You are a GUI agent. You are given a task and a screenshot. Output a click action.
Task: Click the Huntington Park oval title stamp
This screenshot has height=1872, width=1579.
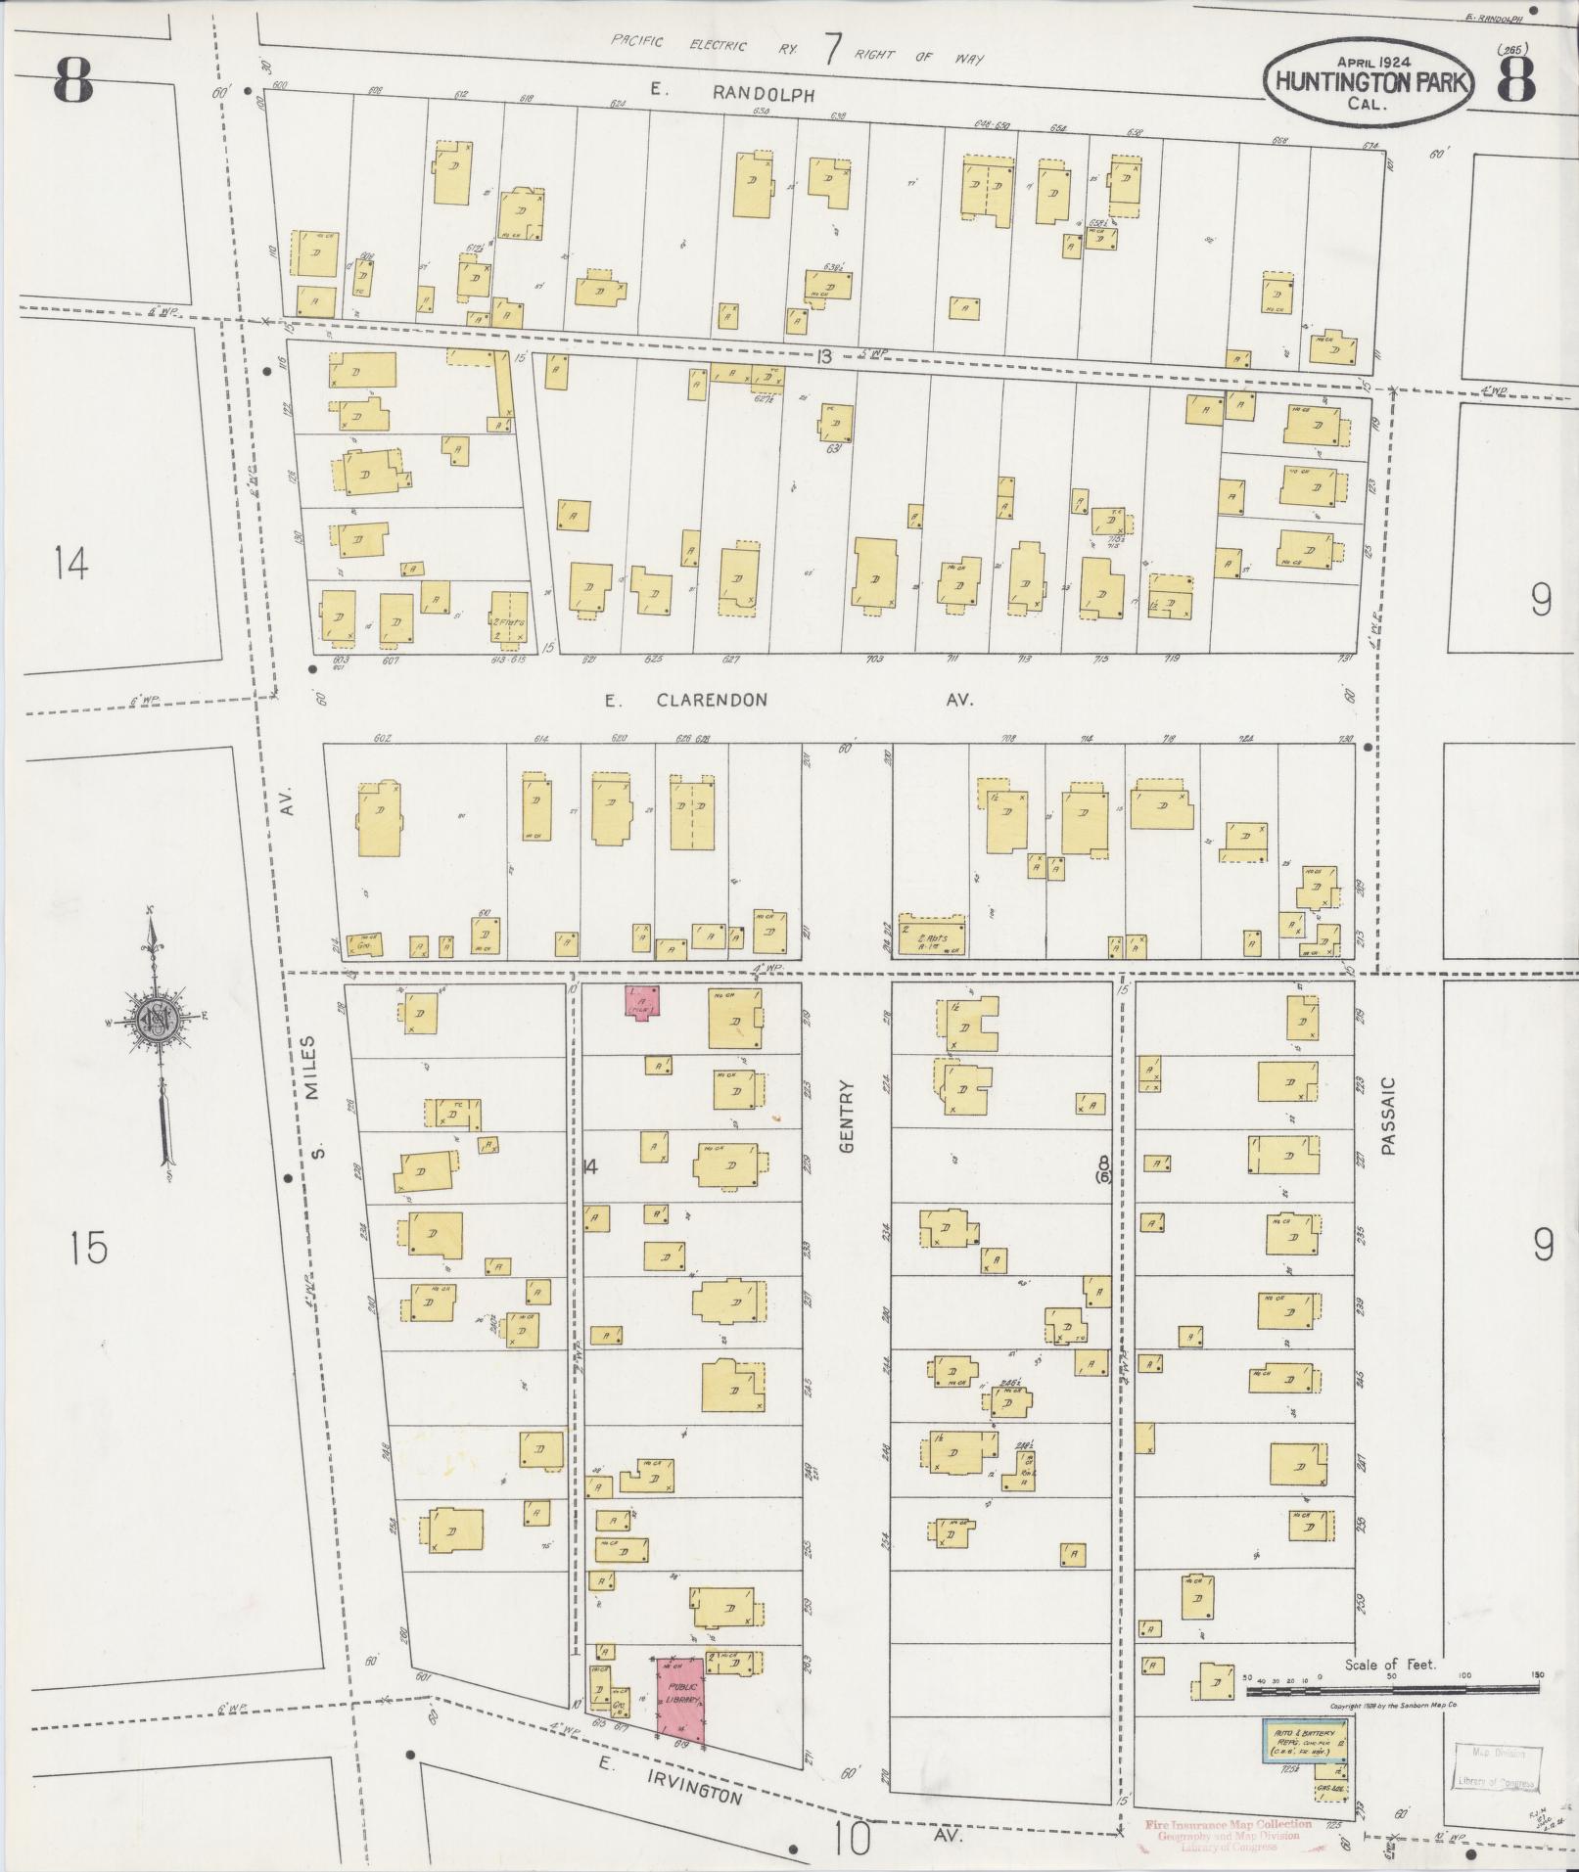1368,84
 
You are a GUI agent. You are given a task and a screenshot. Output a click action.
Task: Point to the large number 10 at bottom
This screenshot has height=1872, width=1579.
853,1838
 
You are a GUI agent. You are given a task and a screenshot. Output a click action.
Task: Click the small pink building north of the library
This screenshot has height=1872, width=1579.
643,1003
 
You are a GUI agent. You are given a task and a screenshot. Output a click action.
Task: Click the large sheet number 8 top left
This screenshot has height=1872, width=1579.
73,80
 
